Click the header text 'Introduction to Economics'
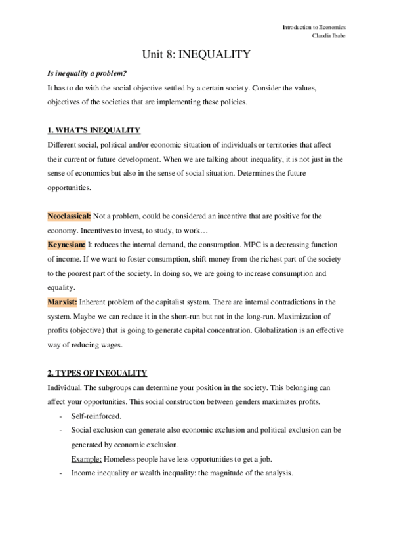314,27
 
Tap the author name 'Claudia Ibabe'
329,37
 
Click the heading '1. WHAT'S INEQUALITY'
94,130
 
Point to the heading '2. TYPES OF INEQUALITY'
97,373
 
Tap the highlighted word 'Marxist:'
62,302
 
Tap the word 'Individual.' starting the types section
64,387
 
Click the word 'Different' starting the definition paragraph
62,144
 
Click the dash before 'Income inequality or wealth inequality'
60,473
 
